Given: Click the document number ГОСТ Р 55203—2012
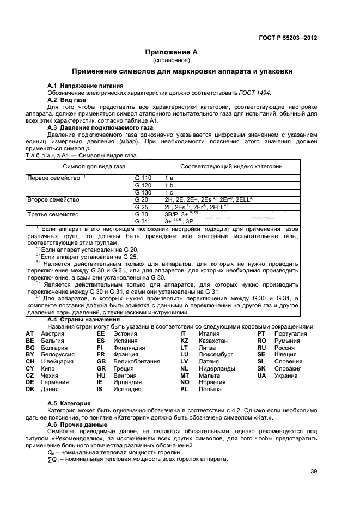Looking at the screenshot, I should coord(288,38).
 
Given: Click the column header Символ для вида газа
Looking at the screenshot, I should coord(94,166).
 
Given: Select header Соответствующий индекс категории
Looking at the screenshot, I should coord(231,166).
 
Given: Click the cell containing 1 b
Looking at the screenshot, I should coord(169,185).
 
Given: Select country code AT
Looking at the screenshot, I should coord(30,333).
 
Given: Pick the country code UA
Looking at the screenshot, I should coord(262,375).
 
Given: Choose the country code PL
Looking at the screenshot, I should coord(184,390).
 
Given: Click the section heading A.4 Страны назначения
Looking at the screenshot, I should coord(83,319).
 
